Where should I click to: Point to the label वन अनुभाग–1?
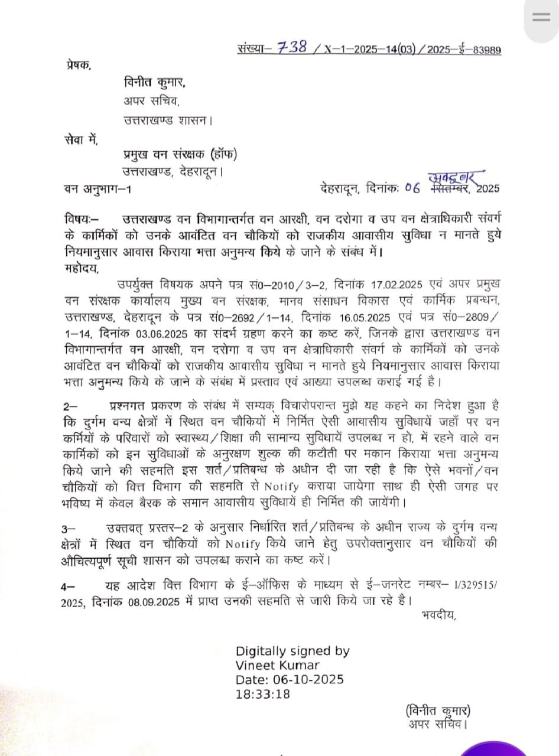tap(100, 189)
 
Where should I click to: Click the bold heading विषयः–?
tap(82, 219)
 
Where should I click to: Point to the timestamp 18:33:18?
tap(263, 694)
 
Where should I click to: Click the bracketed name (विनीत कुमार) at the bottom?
tap(438, 711)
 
